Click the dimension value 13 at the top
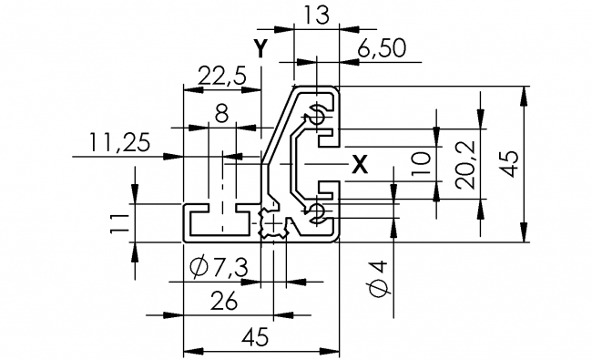click(317, 15)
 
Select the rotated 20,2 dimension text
click(464, 165)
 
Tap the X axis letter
click(360, 165)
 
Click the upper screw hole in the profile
click(317, 115)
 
